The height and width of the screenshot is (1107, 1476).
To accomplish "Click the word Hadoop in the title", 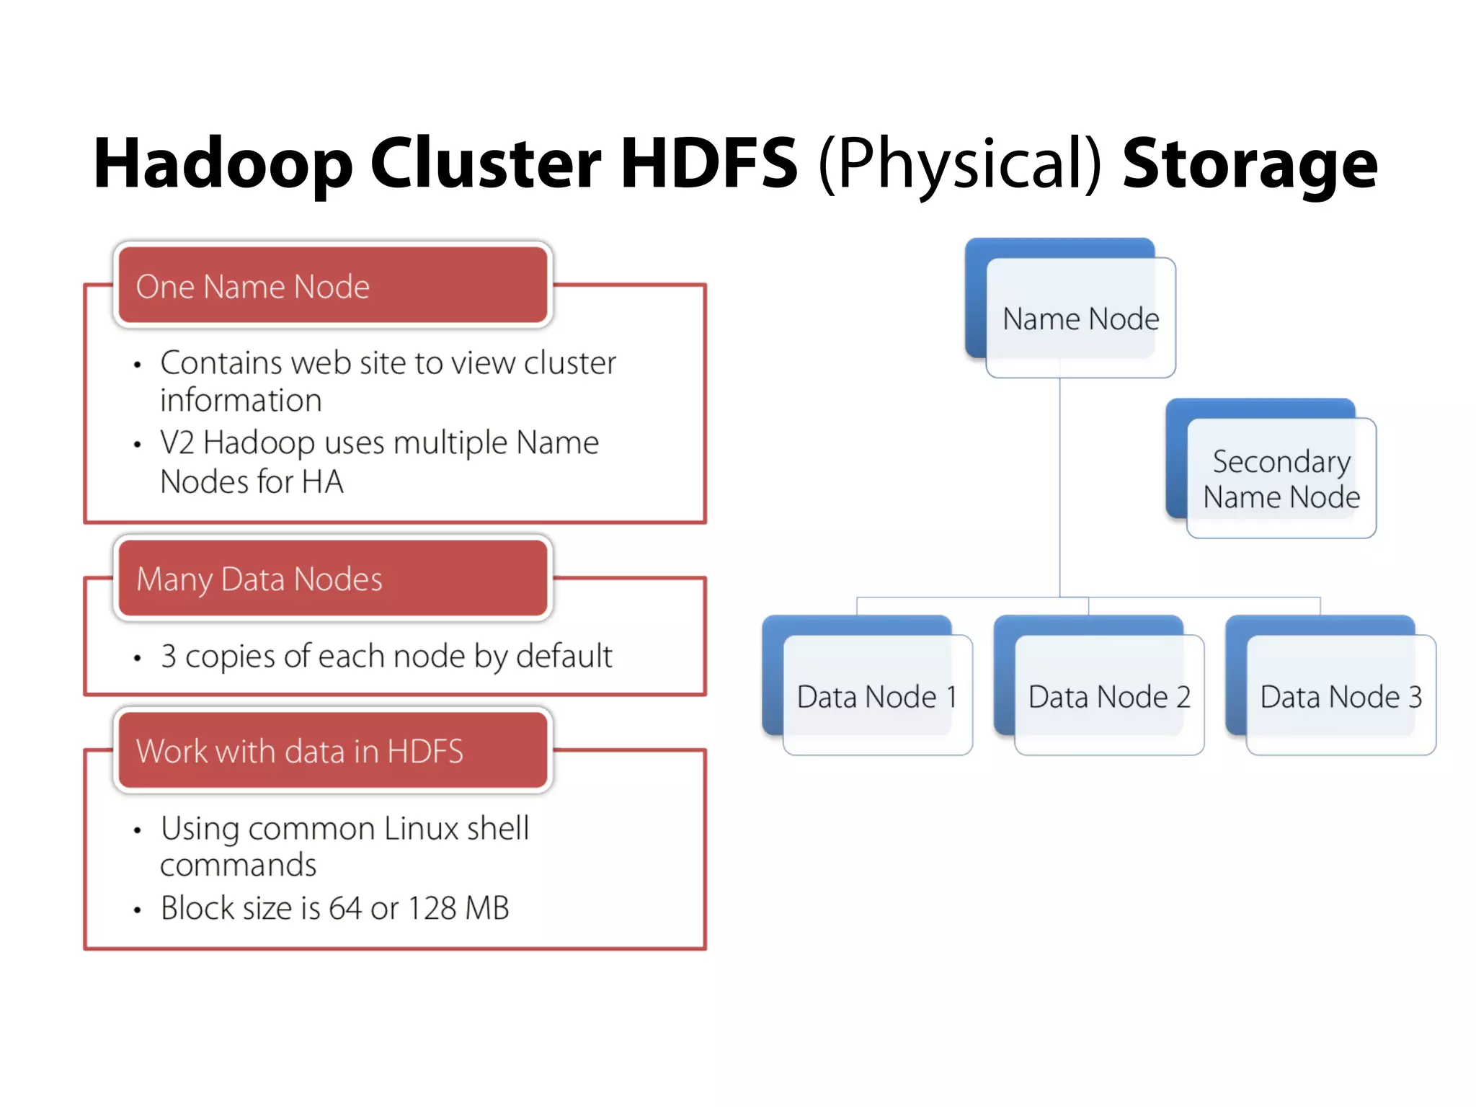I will pos(223,164).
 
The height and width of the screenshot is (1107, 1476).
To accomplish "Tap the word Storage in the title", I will pos(1250,164).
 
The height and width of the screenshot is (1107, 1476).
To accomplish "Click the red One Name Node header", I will pos(332,285).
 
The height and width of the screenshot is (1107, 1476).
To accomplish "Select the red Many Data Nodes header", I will pos(332,579).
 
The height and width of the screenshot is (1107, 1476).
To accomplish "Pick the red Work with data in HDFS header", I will pos(332,750).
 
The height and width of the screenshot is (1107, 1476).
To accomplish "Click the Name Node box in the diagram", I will pos(1080,318).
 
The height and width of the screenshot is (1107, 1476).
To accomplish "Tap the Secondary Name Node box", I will pos(1281,479).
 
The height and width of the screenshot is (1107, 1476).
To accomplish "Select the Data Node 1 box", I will pos(876,696).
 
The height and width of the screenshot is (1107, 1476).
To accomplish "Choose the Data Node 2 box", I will pos(1108,696).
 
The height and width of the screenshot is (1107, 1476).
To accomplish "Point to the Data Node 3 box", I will pos(1341,696).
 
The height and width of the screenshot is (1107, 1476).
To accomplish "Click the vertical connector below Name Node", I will pos(1059,490).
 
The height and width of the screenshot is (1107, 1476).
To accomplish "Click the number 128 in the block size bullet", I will pos(431,908).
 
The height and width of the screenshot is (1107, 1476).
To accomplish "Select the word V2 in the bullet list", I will pos(177,443).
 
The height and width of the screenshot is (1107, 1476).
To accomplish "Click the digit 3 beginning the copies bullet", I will pos(168,657).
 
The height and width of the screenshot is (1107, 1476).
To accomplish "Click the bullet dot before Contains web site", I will pos(137,365).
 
